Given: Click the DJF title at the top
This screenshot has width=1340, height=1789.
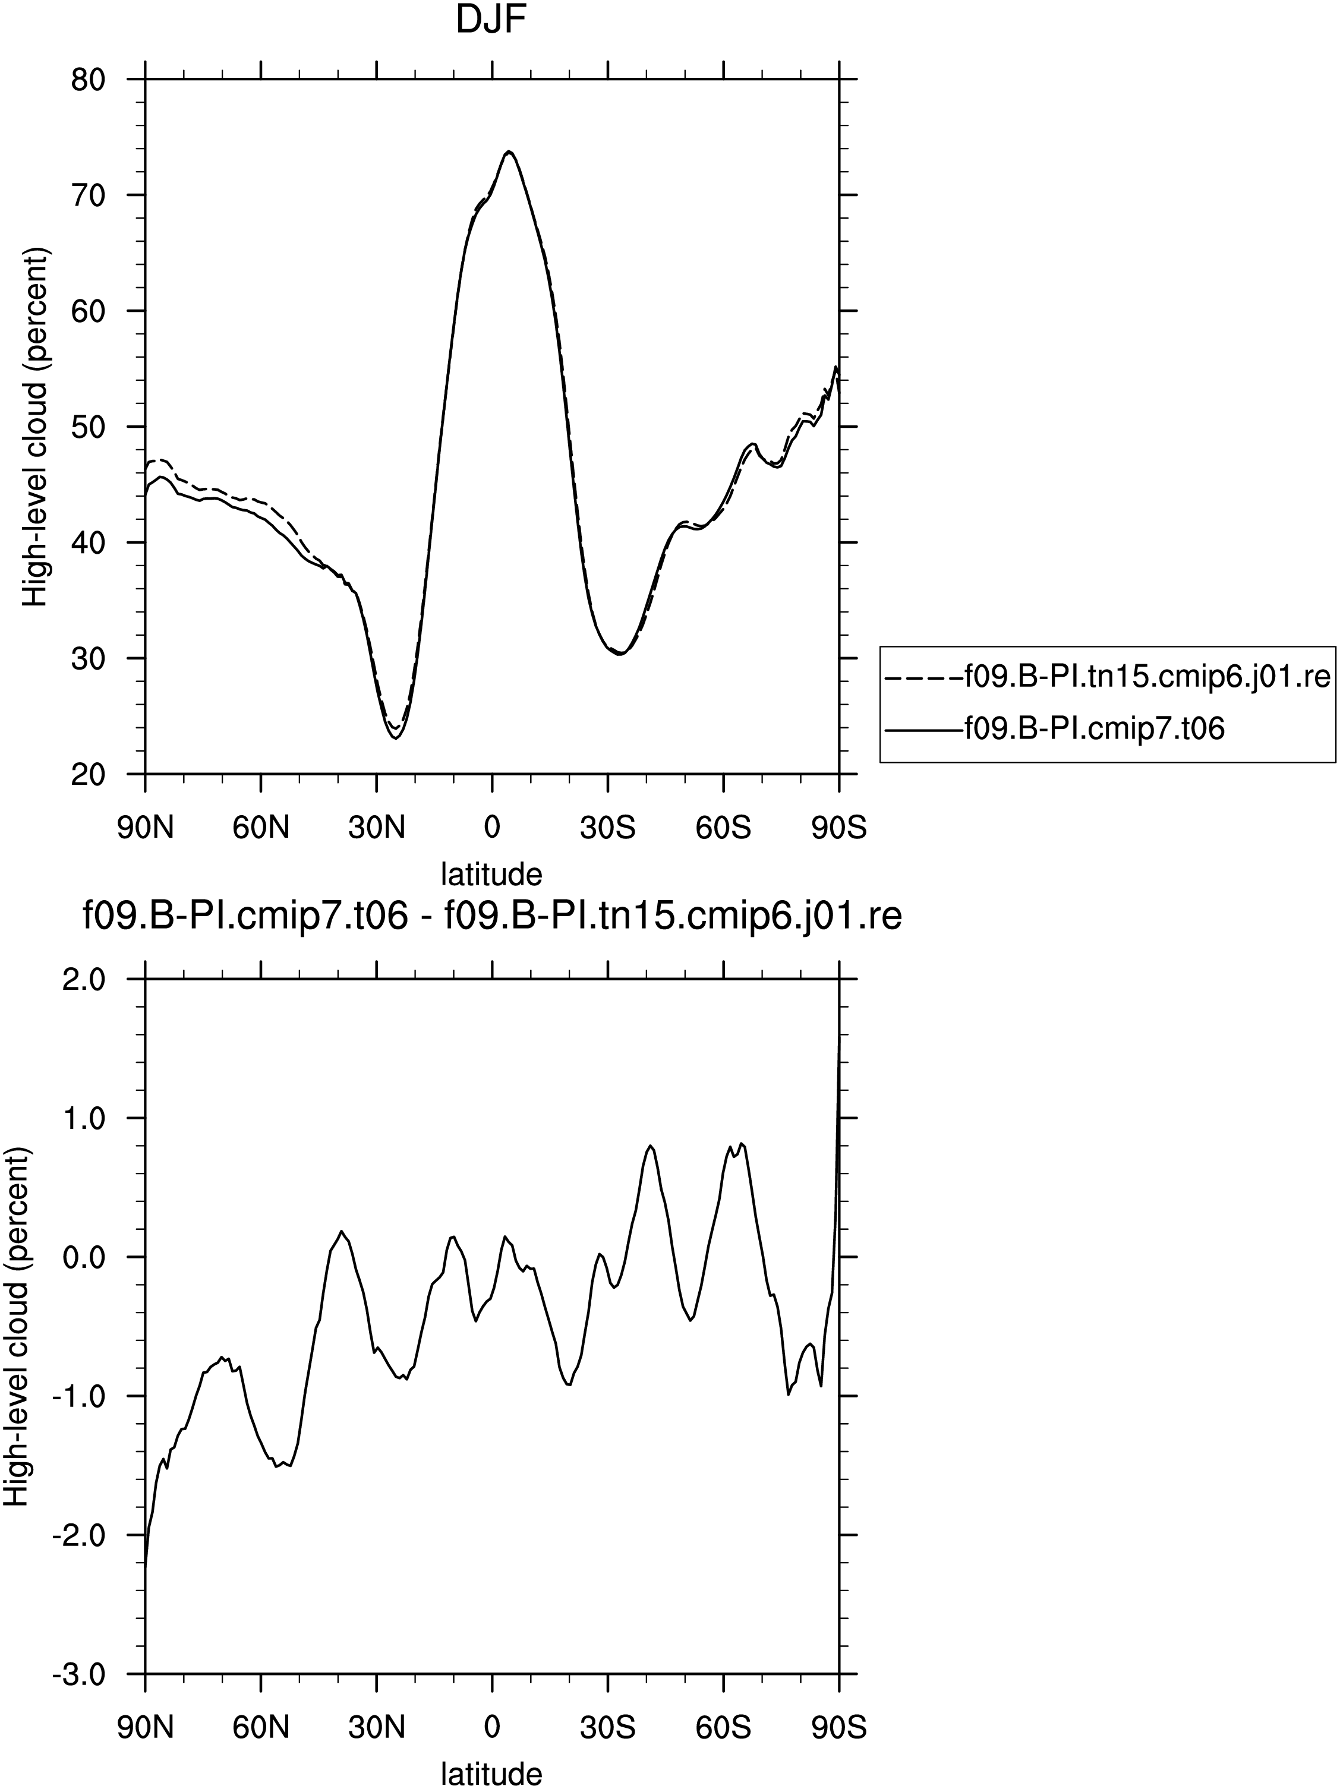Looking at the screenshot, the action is (x=491, y=20).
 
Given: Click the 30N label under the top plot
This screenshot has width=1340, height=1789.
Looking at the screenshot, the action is (x=377, y=828).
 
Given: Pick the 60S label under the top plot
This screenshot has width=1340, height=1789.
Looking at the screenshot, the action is (x=723, y=828).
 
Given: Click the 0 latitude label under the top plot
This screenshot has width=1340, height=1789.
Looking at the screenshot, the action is (x=491, y=828).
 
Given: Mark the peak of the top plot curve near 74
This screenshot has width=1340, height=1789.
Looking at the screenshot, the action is (x=509, y=152).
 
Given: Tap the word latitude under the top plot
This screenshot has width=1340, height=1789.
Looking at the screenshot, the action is (x=491, y=873).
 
